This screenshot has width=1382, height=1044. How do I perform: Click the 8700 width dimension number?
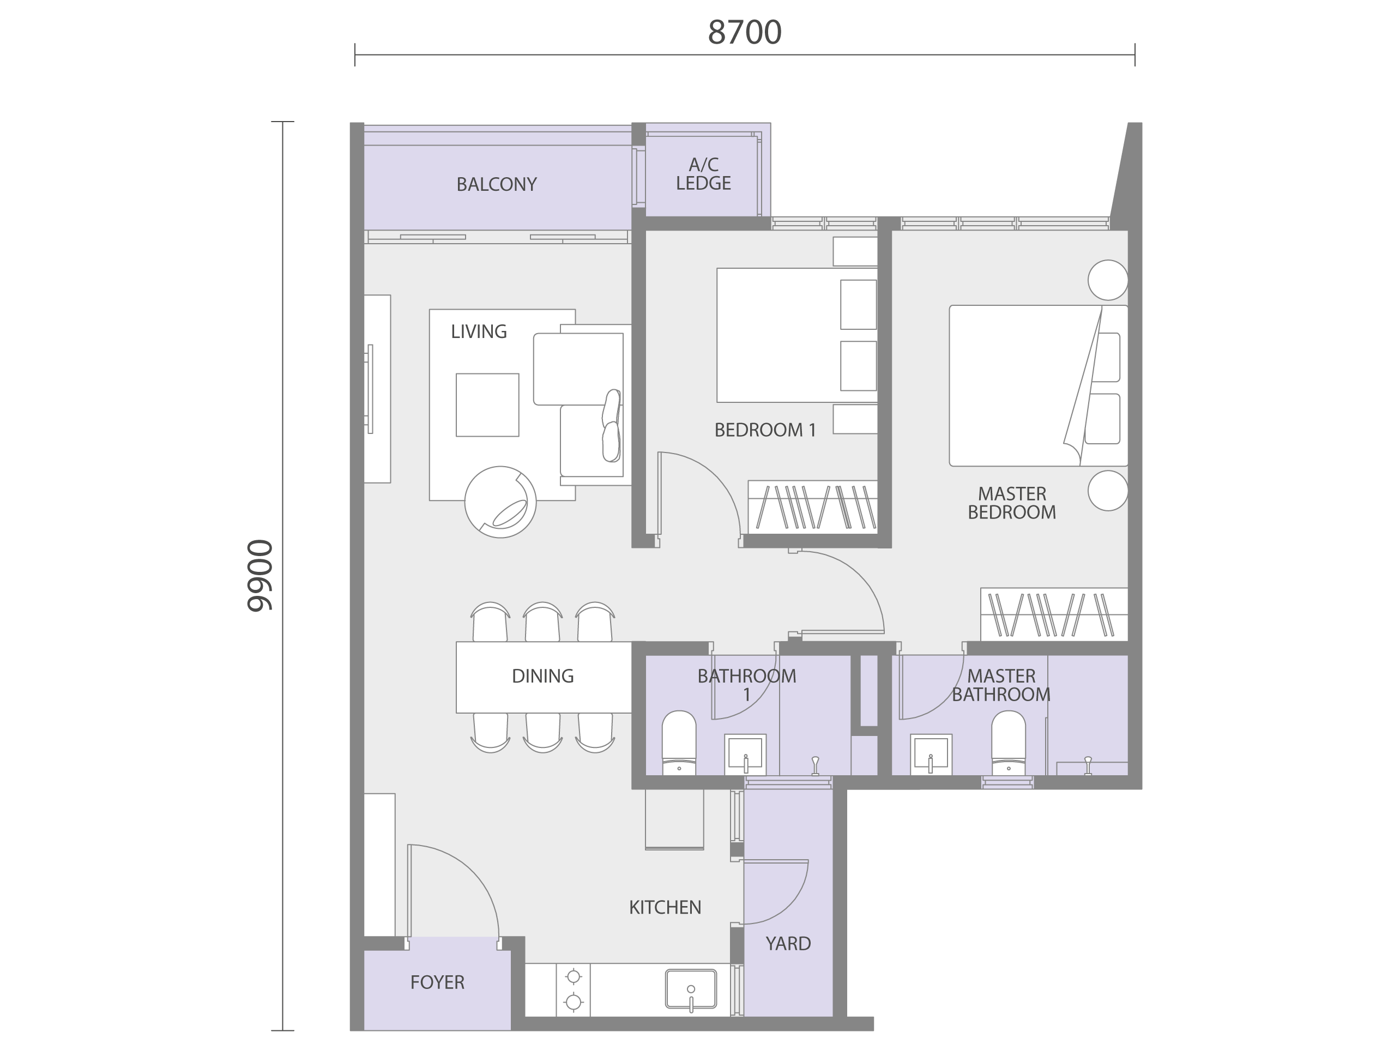(x=744, y=33)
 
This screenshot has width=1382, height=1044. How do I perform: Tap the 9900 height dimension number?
(x=260, y=575)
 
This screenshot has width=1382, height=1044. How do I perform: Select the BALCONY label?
(x=497, y=184)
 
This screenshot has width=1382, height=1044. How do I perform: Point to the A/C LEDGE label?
(x=703, y=174)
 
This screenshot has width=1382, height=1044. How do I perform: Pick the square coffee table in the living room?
(x=487, y=405)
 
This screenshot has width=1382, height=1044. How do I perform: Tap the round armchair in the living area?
(x=500, y=502)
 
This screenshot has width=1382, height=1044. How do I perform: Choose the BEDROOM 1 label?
(x=765, y=430)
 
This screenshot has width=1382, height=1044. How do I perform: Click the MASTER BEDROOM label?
(x=1012, y=503)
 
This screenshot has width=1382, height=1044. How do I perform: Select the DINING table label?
(x=543, y=676)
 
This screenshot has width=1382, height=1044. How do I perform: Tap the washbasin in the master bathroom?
(x=931, y=755)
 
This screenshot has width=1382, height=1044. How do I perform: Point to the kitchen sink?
(x=691, y=989)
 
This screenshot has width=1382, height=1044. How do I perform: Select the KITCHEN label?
(x=666, y=907)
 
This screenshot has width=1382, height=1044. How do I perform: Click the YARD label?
(x=788, y=943)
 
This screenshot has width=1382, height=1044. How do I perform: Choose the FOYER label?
(x=437, y=982)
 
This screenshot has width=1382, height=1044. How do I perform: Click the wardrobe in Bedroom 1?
(x=813, y=506)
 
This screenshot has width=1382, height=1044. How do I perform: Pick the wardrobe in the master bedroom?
(x=1054, y=614)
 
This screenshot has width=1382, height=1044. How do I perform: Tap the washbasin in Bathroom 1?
(x=745, y=755)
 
